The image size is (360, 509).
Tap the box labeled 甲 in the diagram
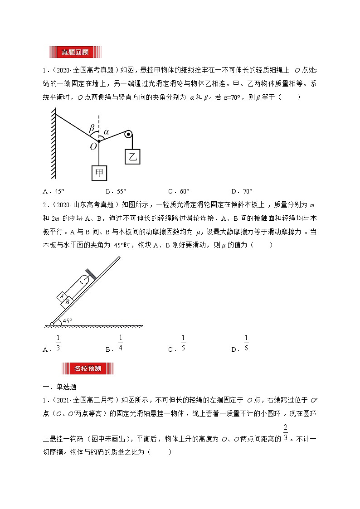click(98, 172)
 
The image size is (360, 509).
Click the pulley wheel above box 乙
click(128, 134)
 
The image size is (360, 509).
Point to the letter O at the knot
click(93, 146)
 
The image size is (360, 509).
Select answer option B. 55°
click(116, 191)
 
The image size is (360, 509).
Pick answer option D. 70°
click(242, 191)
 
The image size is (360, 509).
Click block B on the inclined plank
click(67, 301)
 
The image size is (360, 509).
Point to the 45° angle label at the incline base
click(67, 321)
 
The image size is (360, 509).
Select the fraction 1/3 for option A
click(58, 344)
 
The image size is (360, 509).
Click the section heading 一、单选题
click(59, 387)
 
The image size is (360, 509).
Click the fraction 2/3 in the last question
click(286, 433)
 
